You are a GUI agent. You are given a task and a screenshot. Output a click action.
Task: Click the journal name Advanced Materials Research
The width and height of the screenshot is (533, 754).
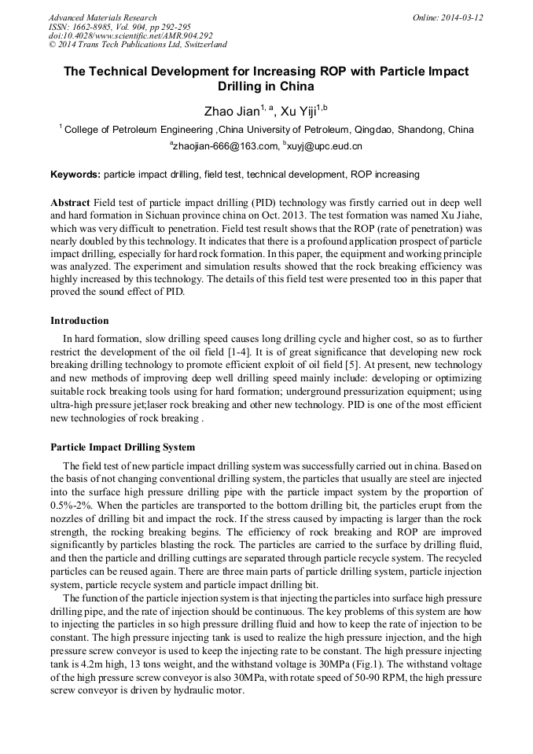click(x=102, y=17)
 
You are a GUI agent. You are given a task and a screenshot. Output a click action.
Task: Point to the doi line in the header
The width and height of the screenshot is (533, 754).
click(x=130, y=36)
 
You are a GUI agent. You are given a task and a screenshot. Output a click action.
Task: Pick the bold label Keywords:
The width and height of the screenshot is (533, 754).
click(x=75, y=174)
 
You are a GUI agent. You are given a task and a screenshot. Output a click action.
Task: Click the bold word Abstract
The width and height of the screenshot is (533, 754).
click(x=70, y=202)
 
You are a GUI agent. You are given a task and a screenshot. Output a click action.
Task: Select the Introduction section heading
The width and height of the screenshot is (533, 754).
click(x=79, y=321)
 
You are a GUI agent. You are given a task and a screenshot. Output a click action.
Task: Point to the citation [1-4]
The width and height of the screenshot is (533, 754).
click(x=296, y=351)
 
